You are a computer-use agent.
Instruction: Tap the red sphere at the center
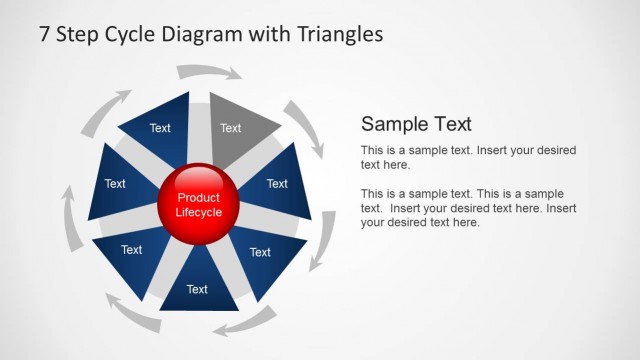[x=198, y=204]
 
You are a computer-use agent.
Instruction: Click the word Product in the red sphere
[x=198, y=198]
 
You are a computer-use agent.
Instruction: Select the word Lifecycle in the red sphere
[x=198, y=212]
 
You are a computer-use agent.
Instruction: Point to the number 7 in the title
[x=45, y=34]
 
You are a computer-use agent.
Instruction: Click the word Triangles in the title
[x=340, y=34]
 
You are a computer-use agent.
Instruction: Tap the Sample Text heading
[x=416, y=124]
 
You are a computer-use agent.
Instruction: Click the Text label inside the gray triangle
[x=231, y=128]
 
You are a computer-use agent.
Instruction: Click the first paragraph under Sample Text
[x=467, y=157]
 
